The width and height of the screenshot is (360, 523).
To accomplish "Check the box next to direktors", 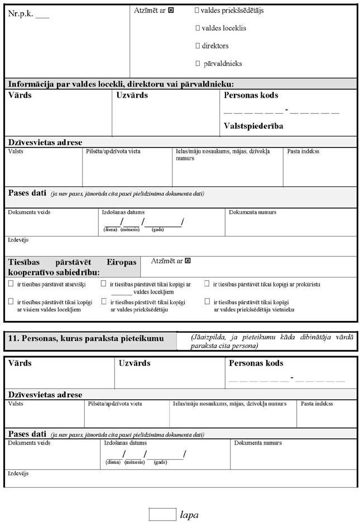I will click(x=198, y=46).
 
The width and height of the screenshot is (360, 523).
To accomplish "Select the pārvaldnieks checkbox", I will click(x=198, y=64).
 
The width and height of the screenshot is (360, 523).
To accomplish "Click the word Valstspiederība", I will click(x=253, y=126).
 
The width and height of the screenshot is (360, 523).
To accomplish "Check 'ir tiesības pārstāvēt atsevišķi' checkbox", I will click(x=11, y=284).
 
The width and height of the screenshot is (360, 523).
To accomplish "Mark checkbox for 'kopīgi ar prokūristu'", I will click(x=207, y=284).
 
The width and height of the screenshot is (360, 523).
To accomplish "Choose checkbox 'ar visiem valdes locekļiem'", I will click(x=11, y=301).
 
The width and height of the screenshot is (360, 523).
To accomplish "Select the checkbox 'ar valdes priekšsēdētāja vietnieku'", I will click(x=207, y=301).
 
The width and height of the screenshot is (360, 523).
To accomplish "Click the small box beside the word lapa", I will click(x=162, y=514).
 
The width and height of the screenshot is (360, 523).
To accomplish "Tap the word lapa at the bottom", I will click(x=189, y=515).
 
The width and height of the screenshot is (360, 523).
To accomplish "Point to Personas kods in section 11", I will click(x=256, y=363).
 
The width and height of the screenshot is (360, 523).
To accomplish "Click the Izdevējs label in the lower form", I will click(x=18, y=473).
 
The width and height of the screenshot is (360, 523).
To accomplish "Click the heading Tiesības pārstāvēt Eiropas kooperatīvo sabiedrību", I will click(x=72, y=267).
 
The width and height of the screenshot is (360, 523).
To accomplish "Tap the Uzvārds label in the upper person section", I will click(x=132, y=95).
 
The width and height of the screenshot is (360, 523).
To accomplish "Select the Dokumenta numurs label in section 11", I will click(x=258, y=443).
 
